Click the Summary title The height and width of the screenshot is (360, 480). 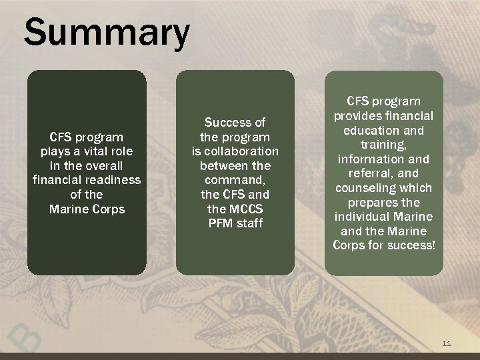pyautogui.click(x=107, y=33)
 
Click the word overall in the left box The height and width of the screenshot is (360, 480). pyautogui.click(x=101, y=165)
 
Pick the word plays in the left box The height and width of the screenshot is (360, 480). pyautogui.click(x=55, y=151)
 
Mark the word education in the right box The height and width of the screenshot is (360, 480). pyautogui.click(x=370, y=131)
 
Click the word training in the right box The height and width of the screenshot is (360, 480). pyautogui.click(x=383, y=145)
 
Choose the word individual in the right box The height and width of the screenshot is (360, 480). pyautogui.click(x=363, y=217)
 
